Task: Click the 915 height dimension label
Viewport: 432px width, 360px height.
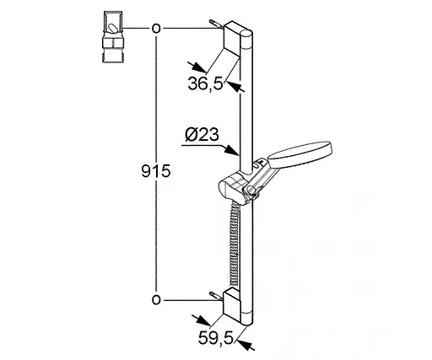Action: (x=156, y=171)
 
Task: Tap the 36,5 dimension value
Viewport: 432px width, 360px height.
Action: (x=205, y=83)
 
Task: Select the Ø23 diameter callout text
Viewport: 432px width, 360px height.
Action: (x=202, y=134)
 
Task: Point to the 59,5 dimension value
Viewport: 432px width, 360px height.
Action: (x=216, y=337)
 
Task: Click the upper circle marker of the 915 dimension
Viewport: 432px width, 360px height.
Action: (x=156, y=29)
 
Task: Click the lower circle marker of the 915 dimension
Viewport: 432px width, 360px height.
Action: (x=156, y=300)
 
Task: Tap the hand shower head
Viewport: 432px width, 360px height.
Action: (x=300, y=153)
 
